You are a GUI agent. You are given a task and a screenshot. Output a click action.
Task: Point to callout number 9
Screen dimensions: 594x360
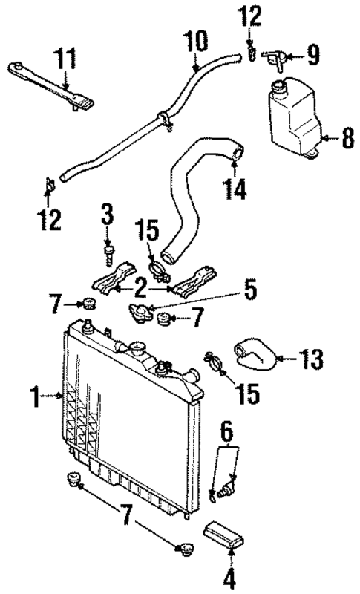(x=313, y=55)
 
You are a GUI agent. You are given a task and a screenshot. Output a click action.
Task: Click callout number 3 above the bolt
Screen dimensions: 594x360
(x=108, y=217)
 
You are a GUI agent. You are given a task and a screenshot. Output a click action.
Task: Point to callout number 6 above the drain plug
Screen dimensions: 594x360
(x=226, y=431)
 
